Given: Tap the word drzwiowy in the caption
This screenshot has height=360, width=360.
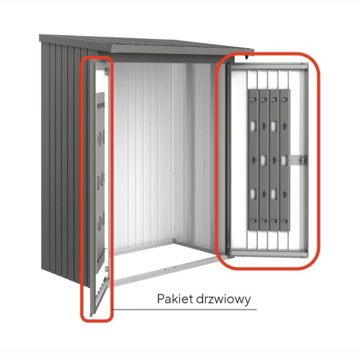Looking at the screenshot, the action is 223,300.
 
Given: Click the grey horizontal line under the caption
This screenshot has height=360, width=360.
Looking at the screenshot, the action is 184,310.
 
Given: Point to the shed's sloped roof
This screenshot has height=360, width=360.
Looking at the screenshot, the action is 146,45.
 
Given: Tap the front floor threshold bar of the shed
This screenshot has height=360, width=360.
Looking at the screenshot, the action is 168,271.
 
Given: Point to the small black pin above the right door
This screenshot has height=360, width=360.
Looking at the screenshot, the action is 246,58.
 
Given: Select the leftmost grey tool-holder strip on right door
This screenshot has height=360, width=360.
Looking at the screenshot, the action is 253,160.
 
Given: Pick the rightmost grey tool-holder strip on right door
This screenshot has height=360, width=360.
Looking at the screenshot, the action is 284,160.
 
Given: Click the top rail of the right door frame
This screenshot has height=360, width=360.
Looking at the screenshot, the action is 269,67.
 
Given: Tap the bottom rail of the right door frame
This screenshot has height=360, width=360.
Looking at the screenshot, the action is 269,253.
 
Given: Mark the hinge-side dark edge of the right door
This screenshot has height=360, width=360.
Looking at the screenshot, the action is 228,160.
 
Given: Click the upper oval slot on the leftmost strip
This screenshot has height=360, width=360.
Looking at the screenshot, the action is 253,126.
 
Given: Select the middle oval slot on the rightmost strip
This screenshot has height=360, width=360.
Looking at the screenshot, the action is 284,160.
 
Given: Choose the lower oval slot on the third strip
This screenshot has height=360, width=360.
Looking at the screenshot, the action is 274,194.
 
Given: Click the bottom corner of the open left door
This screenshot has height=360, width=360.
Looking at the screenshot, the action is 91,315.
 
